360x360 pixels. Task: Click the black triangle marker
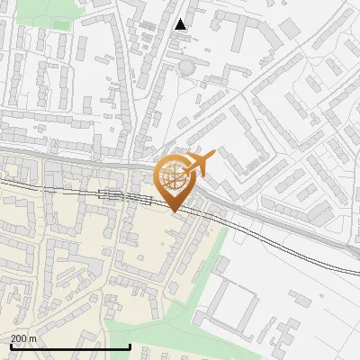click(181, 24)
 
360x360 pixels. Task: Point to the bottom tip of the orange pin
click(174, 211)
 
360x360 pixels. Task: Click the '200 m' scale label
click(23, 338)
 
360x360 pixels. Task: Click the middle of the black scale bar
click(70, 346)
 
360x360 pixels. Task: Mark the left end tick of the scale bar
click(10, 346)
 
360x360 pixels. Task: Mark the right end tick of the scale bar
click(130, 346)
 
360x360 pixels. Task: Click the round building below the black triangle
click(185, 67)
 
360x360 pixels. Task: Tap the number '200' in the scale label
click(19, 338)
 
